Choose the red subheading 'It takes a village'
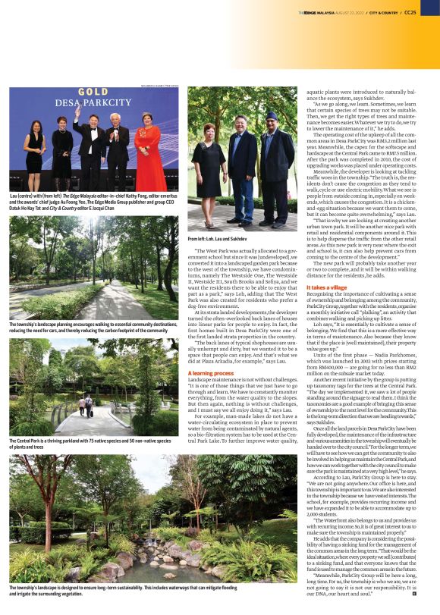point(326,287)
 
